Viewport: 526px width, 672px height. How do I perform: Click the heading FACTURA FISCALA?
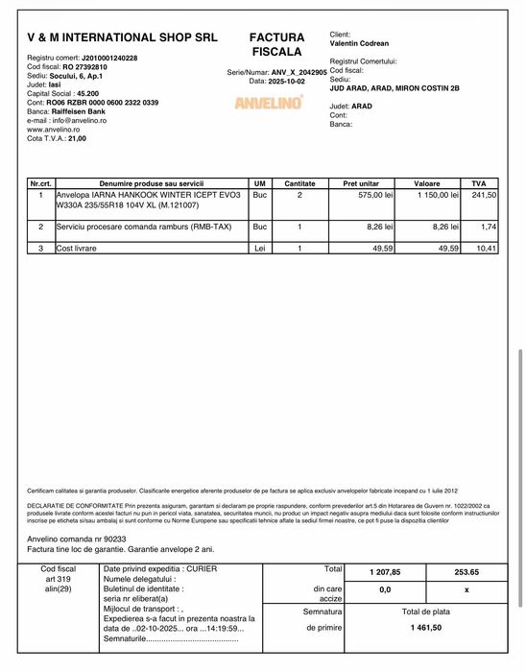pos(276,43)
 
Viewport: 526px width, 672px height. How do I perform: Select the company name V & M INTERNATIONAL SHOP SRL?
pos(122,38)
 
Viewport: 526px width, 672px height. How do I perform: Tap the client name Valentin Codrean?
pos(362,43)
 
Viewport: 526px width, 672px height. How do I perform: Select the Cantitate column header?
pos(299,182)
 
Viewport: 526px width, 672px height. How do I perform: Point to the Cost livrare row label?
pos(77,248)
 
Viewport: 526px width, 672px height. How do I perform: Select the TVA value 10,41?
pos(486,248)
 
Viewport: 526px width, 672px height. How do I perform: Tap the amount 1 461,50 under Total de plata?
pos(425,627)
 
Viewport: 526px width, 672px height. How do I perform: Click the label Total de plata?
pos(425,611)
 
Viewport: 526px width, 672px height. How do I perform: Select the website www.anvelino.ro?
pos(54,130)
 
